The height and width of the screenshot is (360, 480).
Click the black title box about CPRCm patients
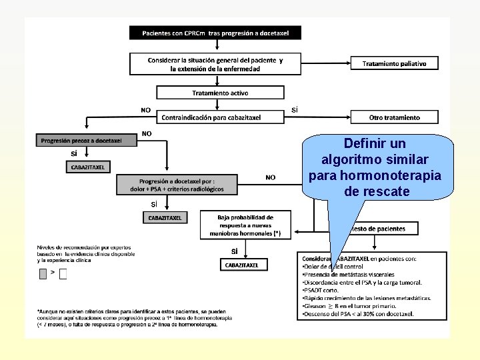coord(215,33)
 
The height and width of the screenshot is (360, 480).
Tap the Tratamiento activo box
coord(220,93)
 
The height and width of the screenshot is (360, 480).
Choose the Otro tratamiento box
coord(395,117)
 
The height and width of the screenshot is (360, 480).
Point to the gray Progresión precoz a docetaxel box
coord(81,141)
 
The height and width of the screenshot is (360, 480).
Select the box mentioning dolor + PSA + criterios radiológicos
coord(177,185)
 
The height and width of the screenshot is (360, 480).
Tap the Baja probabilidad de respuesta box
coord(245,225)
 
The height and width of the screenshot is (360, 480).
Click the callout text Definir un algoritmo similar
coord(375,167)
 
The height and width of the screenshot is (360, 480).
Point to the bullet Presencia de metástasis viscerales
coord(348,274)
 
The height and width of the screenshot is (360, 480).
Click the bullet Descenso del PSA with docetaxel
coord(357,314)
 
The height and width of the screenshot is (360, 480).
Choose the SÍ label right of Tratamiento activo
coord(295,109)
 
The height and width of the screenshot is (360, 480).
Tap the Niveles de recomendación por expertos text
coord(85,253)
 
